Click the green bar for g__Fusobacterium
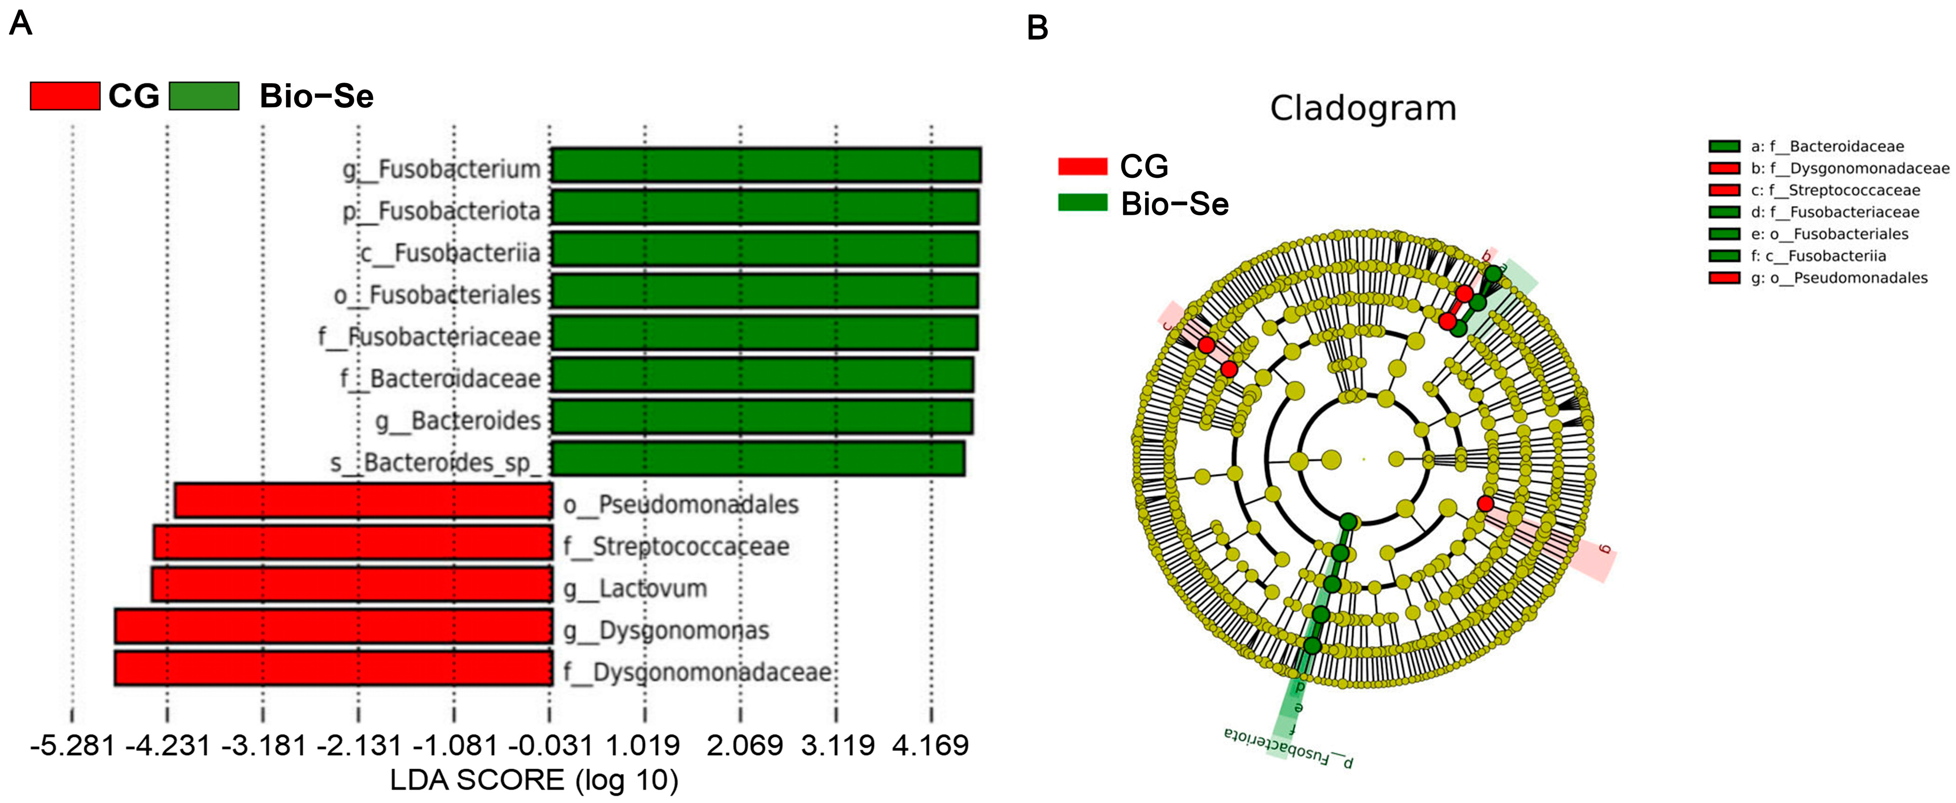click(x=765, y=165)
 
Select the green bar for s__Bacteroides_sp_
click(x=758, y=459)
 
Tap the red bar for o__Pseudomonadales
click(x=363, y=501)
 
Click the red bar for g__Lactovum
click(x=352, y=584)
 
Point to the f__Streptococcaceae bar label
click(x=676, y=546)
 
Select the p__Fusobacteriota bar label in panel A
click(x=441, y=211)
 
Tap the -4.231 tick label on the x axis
click(x=168, y=746)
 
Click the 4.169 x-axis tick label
click(x=930, y=746)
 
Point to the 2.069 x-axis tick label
click(x=744, y=746)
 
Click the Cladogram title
click(x=1363, y=109)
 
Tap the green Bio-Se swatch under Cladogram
click(x=1083, y=203)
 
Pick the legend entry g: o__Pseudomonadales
click(x=1838, y=278)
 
